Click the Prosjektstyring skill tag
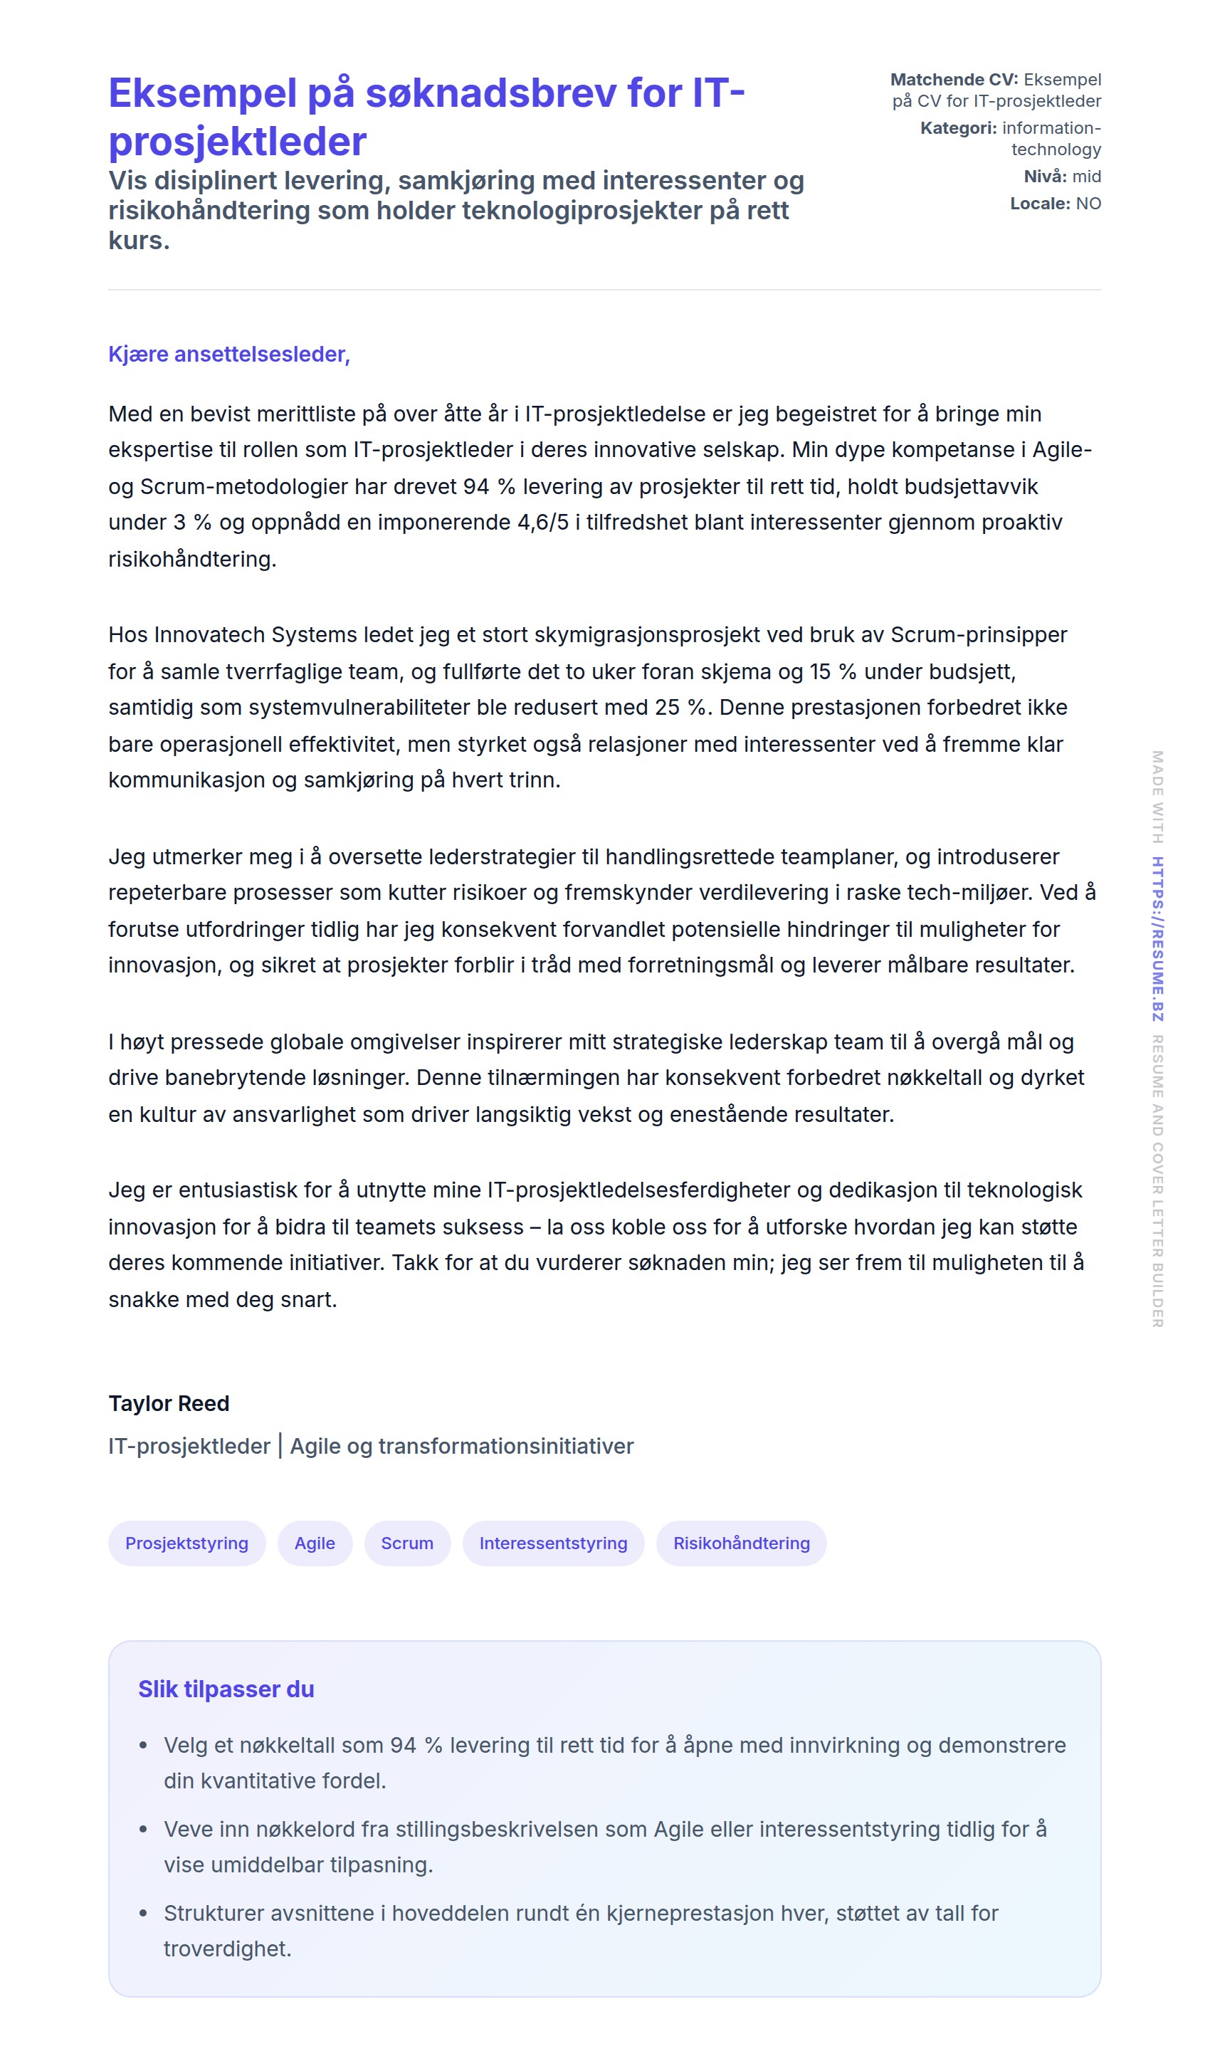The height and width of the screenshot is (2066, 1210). tap(187, 1543)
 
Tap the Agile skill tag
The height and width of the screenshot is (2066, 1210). tap(315, 1543)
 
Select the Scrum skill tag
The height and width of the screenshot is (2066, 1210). tap(407, 1543)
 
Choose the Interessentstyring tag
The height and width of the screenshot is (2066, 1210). tap(553, 1543)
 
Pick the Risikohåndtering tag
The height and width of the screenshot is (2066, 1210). tap(741, 1543)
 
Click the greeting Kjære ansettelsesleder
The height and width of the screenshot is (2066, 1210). tap(228, 354)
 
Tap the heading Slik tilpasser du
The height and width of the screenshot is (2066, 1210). tap(226, 1689)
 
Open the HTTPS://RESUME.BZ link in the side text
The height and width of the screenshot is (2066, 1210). tap(1157, 939)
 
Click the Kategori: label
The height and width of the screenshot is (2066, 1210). tap(958, 128)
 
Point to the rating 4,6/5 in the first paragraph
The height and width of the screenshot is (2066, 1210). tap(542, 523)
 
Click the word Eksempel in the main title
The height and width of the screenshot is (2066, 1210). tap(201, 93)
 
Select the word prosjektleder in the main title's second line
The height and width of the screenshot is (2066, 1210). tap(238, 141)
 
